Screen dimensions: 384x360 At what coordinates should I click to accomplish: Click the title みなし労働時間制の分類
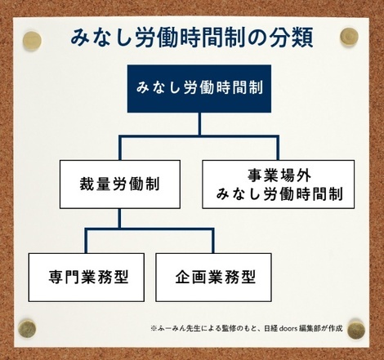point(192,38)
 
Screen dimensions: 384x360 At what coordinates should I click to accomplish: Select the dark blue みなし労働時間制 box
point(199,89)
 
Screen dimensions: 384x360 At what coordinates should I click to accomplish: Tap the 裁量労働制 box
point(120,184)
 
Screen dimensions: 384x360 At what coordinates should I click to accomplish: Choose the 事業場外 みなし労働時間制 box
point(278,184)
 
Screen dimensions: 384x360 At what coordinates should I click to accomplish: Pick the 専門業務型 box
point(87,278)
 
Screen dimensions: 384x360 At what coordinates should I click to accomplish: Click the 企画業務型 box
point(213,278)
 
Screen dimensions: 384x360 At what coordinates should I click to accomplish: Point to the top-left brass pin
point(32,42)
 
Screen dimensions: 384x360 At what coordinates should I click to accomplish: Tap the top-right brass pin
point(349,37)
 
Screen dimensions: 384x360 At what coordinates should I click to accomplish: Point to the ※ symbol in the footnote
point(154,329)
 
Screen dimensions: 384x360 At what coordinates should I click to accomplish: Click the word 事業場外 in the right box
point(279,176)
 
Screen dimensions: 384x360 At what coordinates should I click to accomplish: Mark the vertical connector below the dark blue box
point(199,124)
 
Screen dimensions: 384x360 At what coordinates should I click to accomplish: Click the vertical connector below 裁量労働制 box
point(119,218)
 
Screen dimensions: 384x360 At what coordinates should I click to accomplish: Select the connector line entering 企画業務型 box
point(213,241)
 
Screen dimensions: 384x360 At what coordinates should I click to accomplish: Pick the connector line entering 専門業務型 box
point(86,241)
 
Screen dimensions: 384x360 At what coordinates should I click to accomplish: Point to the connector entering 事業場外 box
point(278,148)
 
